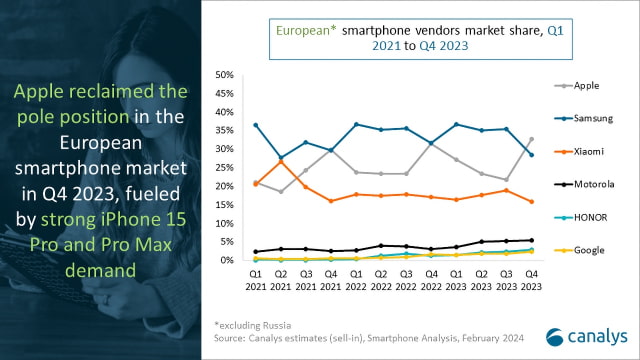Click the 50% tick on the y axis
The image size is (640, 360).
pos(225,75)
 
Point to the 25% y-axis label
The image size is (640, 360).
pos(225,168)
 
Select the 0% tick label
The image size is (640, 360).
pos(228,260)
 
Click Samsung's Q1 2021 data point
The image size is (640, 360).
pos(256,125)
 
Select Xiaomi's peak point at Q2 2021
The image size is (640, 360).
pos(282,161)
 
